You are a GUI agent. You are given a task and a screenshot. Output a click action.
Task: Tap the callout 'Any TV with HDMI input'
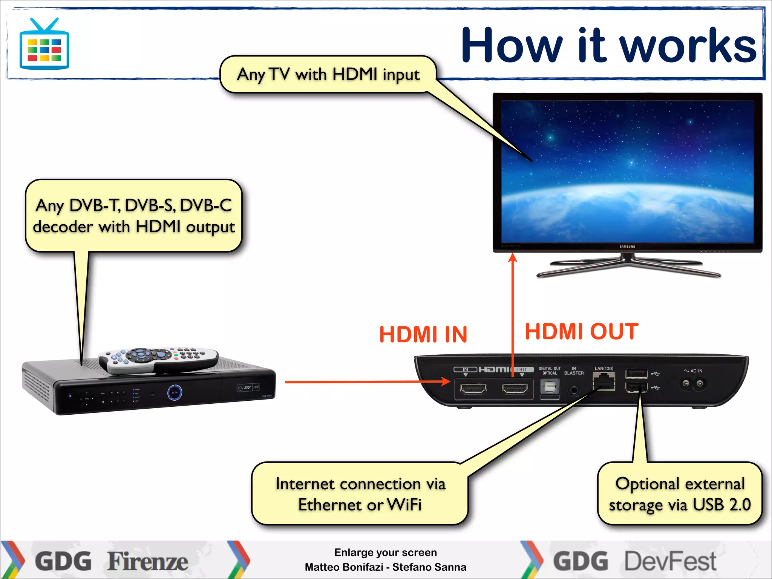tap(328, 74)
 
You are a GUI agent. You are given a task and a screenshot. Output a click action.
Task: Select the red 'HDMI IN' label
tap(423, 334)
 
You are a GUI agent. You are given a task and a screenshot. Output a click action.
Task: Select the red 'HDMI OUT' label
tap(582, 331)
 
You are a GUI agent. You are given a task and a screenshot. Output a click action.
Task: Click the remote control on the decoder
tap(158, 360)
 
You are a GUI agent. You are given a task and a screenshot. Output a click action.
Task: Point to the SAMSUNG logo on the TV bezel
tap(627, 247)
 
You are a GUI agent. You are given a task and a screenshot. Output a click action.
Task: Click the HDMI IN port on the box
tap(473, 388)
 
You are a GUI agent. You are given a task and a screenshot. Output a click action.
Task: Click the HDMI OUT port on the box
tap(515, 388)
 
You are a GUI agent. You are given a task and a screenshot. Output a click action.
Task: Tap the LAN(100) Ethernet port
tap(604, 381)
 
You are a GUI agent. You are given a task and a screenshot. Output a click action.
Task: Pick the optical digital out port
tap(550, 387)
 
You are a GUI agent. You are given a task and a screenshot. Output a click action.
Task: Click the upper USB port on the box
tap(636, 374)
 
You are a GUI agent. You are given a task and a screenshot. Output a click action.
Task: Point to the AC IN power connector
tap(693, 384)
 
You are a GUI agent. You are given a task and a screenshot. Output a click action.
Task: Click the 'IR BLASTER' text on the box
tap(574, 371)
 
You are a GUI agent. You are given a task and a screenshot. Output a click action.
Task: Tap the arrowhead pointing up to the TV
tap(512, 258)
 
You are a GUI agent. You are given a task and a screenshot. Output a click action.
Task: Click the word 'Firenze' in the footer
tap(148, 561)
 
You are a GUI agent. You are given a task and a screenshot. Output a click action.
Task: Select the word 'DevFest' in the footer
tap(670, 561)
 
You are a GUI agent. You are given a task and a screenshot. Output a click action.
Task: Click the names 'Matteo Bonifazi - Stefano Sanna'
tap(385, 567)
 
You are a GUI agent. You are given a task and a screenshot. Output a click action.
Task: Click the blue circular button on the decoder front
tap(175, 393)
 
